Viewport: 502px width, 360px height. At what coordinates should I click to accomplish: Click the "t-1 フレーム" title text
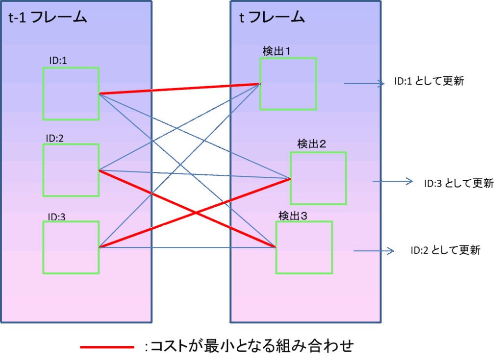(48, 18)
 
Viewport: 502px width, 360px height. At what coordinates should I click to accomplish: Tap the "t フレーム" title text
(272, 17)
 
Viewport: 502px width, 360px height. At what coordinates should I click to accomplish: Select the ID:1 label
(58, 60)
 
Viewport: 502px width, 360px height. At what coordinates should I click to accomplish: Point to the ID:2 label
(55, 138)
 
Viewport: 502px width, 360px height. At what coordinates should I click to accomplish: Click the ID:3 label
(56, 217)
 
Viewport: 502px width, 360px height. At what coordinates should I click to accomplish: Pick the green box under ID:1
(71, 94)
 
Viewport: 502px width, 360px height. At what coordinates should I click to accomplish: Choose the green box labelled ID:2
(71, 170)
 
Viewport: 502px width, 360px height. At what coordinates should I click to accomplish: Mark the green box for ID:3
(71, 247)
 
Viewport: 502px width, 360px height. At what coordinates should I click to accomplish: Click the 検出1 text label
(277, 51)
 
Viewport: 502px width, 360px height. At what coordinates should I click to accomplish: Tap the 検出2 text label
(312, 144)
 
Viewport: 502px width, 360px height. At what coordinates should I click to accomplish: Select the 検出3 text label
(293, 216)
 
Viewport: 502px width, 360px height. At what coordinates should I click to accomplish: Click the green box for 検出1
(288, 84)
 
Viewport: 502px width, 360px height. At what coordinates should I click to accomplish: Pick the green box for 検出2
(318, 178)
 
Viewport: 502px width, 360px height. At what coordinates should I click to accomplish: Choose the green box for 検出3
(304, 247)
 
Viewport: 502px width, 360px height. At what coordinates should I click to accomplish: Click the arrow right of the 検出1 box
(364, 84)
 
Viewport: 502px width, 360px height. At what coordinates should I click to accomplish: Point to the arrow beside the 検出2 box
(393, 182)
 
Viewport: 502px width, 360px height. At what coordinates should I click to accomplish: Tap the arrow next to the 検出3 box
(374, 251)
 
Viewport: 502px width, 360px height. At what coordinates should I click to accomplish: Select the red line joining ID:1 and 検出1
(179, 89)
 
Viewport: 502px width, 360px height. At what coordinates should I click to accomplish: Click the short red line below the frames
(107, 347)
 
